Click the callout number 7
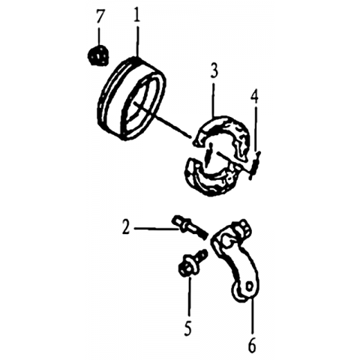coord(99,17)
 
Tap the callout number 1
coord(136,15)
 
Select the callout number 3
coord(214,70)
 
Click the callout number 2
coord(126,227)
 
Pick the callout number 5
coord(188,328)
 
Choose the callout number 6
coord(252,346)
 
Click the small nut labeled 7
coord(98,55)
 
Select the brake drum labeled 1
coord(131,99)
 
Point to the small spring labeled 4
coord(255,166)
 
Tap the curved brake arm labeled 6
coord(235,260)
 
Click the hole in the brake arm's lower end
coord(249,286)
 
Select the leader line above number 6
coord(252,316)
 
